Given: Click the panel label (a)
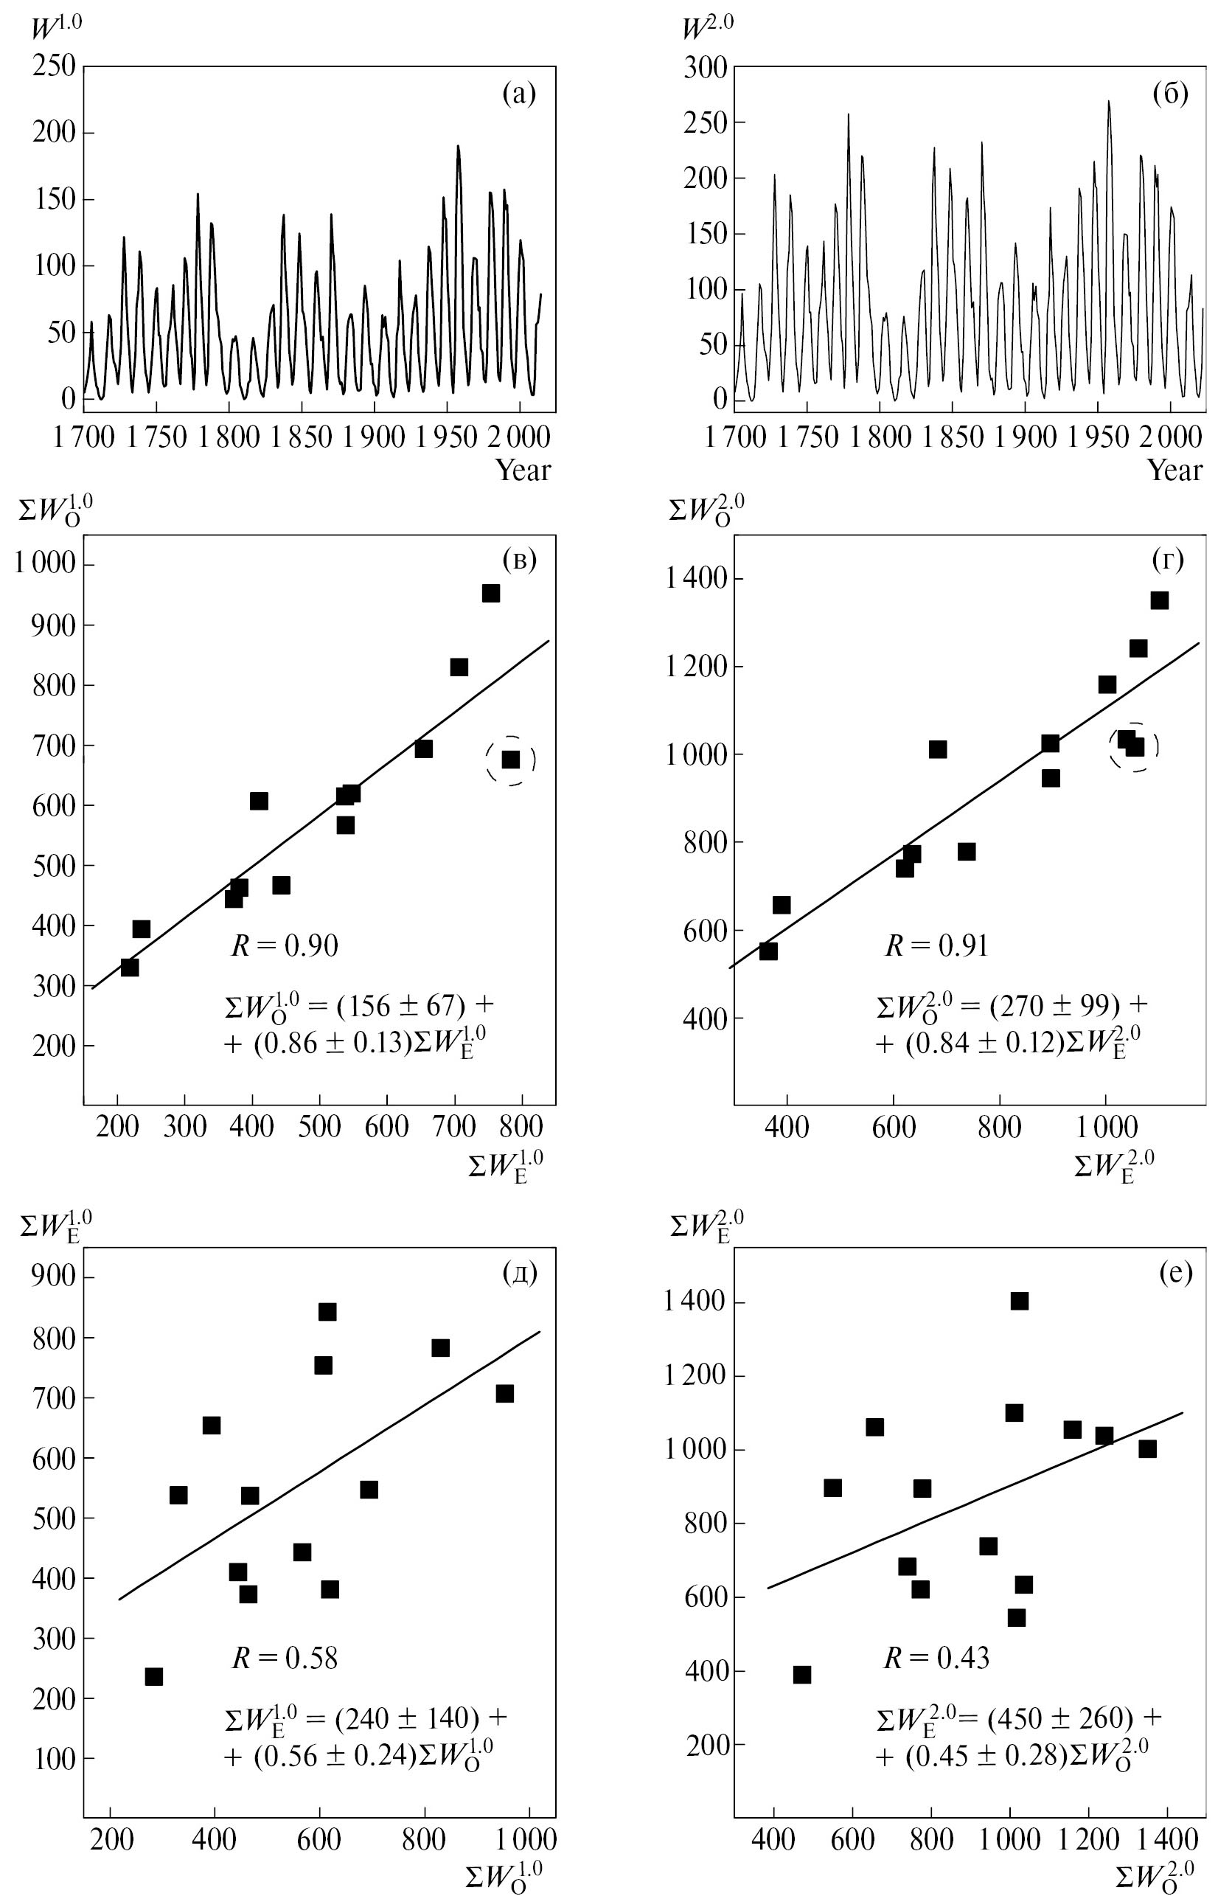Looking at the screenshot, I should [x=519, y=94].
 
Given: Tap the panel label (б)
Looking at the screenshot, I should [x=1170, y=94].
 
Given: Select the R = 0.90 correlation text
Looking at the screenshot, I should [x=285, y=945].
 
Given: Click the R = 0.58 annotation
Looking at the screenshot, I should [x=285, y=1658].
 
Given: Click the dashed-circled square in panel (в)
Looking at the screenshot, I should [x=510, y=760].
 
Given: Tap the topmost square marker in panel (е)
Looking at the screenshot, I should [x=1020, y=1301].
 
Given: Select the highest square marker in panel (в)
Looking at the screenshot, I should [x=490, y=594].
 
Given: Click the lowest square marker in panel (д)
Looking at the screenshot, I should [x=153, y=1676].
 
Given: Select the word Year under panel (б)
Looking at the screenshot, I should [x=1174, y=470].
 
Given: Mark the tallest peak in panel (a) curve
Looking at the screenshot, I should [x=458, y=147].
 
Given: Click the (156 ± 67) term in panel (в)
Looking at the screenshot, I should [x=400, y=1005].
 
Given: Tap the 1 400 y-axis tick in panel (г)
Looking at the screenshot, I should [x=696, y=579].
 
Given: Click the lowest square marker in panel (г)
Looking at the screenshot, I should [x=768, y=951].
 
